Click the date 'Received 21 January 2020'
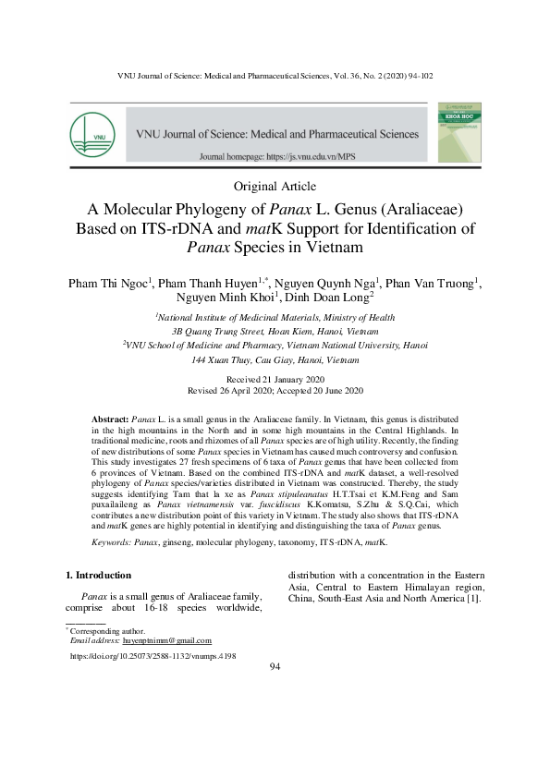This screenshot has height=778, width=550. pyautogui.click(x=275, y=381)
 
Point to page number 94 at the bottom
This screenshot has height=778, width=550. pyautogui.click(x=275, y=669)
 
